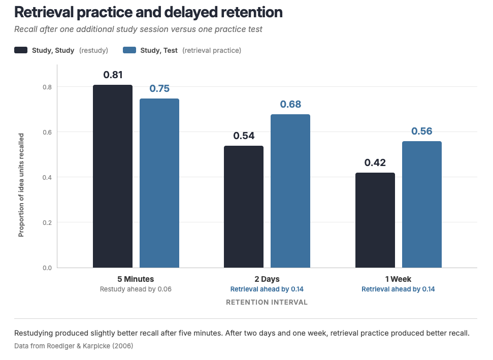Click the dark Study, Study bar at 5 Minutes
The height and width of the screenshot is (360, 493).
pos(113,176)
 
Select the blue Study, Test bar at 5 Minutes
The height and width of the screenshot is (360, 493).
pos(159,183)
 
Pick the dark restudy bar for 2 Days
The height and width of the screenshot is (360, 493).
pos(244,207)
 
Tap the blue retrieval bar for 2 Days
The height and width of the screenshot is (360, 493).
pos(290,191)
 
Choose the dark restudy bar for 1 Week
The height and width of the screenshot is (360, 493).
pos(375,220)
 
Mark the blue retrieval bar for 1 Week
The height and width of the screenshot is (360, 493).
pos(421,205)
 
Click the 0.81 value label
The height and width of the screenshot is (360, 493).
pos(113,75)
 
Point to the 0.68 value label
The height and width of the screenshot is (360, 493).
pos(290,104)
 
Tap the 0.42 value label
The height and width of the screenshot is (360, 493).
pos(375,162)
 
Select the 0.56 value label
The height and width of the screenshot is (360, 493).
pos(422,131)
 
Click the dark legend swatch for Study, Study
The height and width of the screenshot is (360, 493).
pos(21,50)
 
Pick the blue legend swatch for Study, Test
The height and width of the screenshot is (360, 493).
pos(129,50)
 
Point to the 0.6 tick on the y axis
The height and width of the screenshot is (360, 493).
pos(48,133)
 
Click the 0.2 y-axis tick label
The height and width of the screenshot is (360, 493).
pos(48,223)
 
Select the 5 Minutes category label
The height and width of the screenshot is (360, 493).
pos(136,279)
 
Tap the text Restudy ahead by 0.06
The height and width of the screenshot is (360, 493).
pos(136,289)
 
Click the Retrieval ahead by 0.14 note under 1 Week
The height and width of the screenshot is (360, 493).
pos(398,289)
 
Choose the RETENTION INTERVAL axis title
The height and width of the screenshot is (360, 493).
pos(267,303)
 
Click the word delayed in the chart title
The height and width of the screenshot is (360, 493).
pos(191,12)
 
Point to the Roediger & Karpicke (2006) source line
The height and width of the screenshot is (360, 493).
pos(74,346)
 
